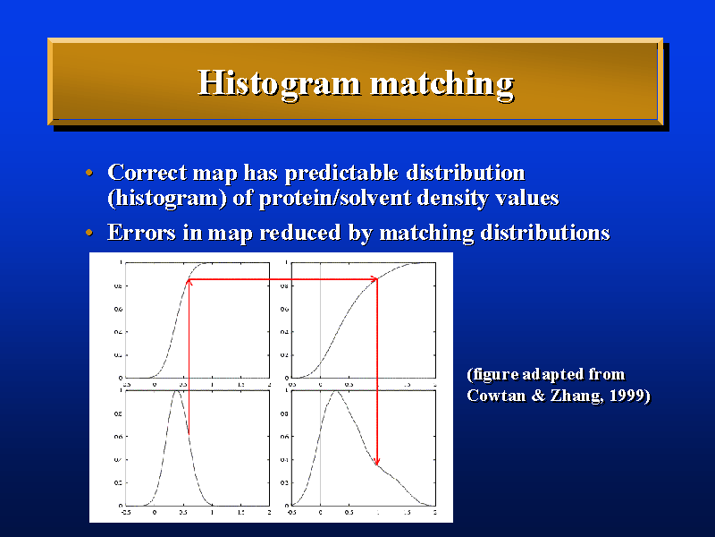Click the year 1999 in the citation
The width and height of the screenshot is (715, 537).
pos(626,394)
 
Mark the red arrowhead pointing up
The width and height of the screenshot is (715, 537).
pos(189,283)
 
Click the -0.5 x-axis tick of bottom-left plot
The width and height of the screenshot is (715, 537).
pos(126,513)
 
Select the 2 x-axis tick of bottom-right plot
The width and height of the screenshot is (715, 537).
pos(435,513)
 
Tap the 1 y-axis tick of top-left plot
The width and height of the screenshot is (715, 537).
pos(121,263)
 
